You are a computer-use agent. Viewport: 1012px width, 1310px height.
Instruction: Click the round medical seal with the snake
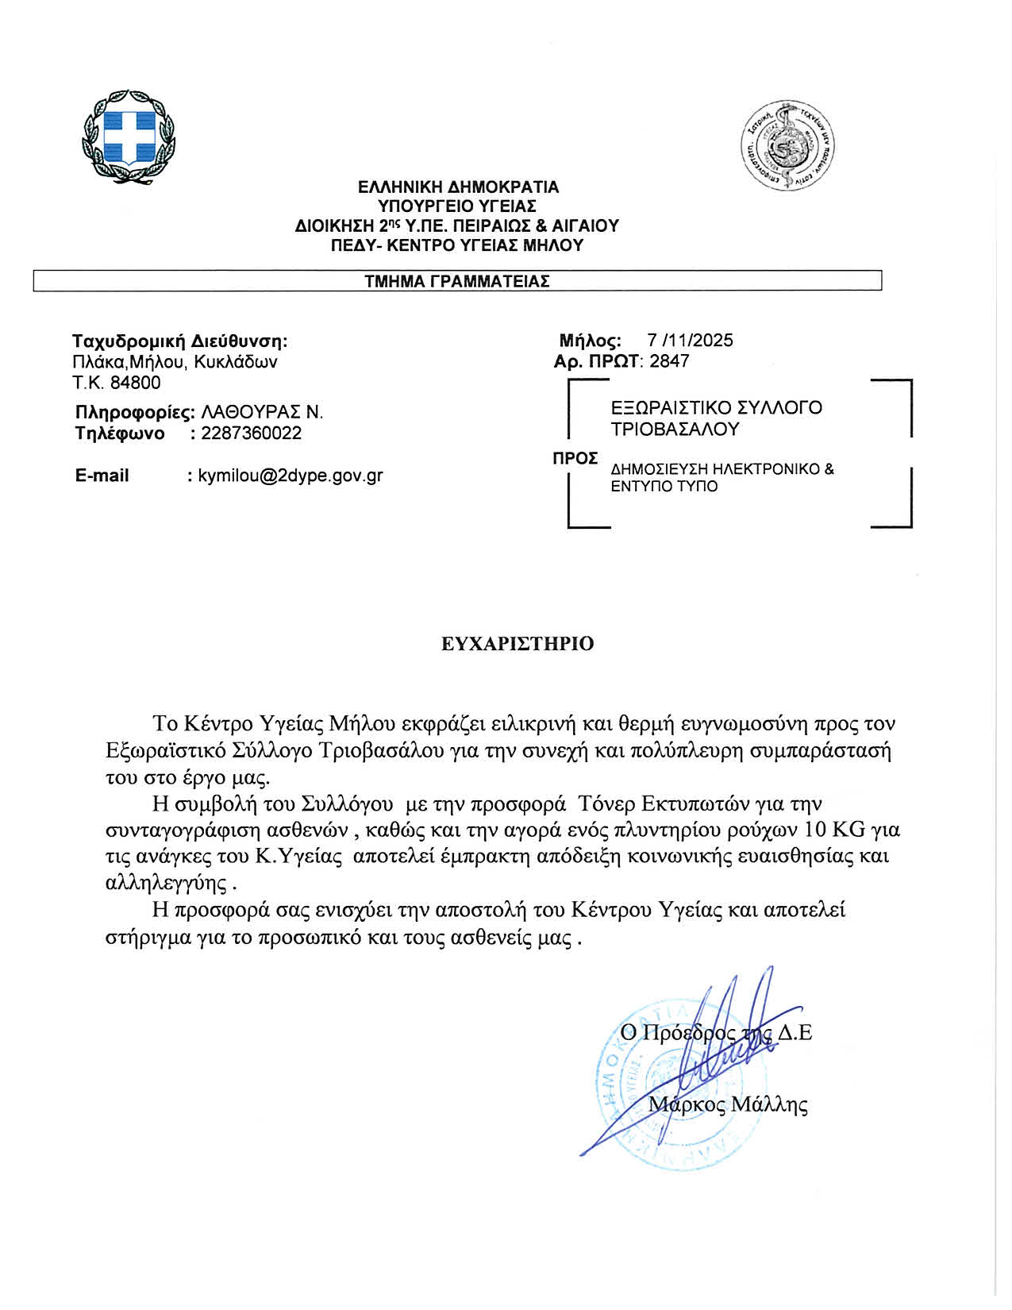click(788, 146)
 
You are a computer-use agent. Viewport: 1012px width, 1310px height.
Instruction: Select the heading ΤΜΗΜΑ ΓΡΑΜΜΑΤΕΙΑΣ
click(457, 281)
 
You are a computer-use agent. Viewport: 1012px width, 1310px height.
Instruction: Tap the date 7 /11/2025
click(690, 341)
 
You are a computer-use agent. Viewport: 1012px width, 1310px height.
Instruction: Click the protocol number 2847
click(669, 361)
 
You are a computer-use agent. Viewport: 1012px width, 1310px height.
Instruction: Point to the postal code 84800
click(135, 383)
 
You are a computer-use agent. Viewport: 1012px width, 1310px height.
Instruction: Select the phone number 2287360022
click(252, 433)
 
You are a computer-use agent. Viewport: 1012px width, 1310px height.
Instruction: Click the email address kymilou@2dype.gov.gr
click(291, 476)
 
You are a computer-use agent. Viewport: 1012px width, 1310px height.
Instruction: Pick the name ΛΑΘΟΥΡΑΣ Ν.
click(262, 412)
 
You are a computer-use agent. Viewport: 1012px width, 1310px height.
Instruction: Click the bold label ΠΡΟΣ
click(575, 459)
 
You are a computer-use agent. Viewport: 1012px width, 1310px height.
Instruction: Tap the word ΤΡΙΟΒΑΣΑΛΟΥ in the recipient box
click(675, 430)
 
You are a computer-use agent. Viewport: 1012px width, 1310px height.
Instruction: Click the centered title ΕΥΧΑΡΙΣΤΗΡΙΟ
click(518, 644)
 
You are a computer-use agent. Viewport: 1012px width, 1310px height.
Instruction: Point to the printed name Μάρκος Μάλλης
click(728, 1104)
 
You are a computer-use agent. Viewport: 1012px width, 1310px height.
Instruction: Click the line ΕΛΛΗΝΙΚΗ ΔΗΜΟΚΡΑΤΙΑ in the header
click(458, 188)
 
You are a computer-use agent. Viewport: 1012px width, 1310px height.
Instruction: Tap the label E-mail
click(102, 476)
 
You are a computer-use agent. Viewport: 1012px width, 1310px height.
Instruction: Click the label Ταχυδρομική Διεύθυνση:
click(179, 341)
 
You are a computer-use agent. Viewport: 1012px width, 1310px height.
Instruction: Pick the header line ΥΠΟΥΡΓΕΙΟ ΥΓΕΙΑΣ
click(457, 207)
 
